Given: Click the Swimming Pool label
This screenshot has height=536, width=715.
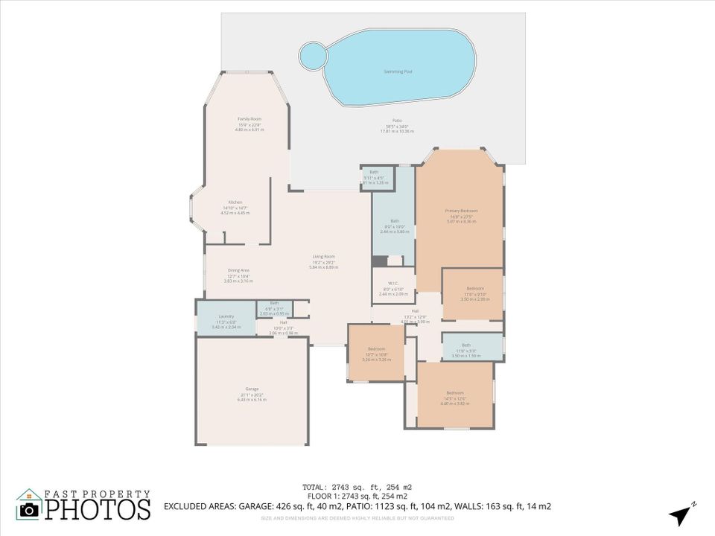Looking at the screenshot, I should (x=398, y=71).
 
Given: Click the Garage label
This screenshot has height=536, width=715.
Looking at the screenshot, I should (x=252, y=395).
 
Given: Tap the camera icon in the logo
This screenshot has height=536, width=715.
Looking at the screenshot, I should (x=29, y=509).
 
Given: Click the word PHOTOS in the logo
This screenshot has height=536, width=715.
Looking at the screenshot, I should (x=96, y=509).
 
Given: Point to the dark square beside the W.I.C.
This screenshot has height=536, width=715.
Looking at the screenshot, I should (x=380, y=261).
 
